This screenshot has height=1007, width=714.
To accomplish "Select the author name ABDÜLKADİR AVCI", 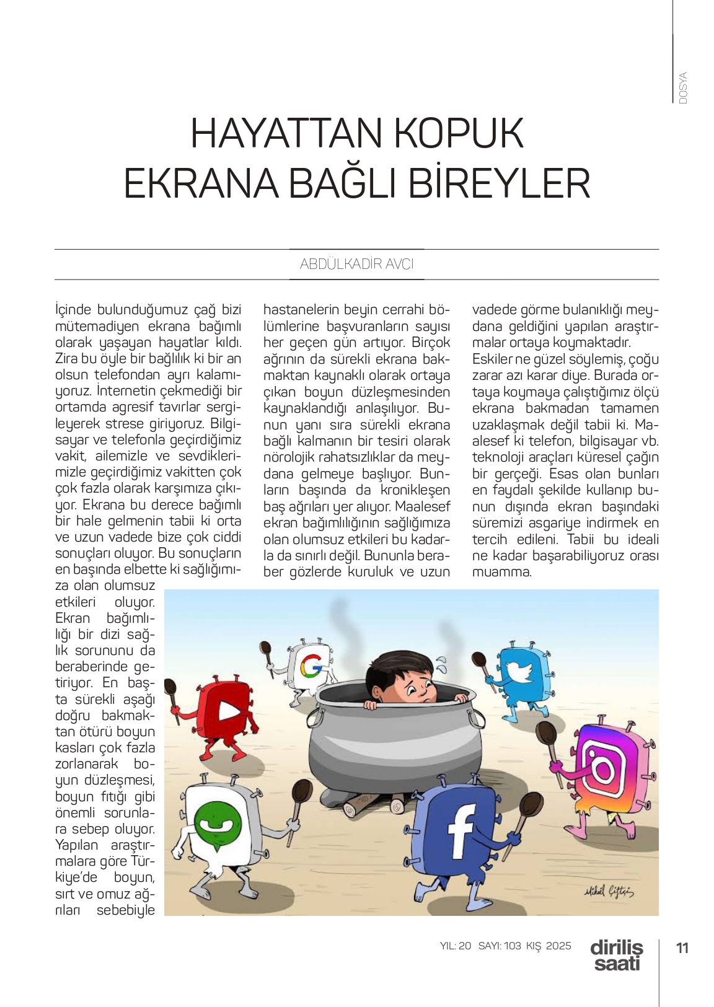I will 356,264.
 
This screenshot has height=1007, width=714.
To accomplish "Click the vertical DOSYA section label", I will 683,88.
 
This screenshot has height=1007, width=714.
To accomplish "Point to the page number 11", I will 682,948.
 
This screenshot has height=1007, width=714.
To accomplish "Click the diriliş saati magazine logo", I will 616,956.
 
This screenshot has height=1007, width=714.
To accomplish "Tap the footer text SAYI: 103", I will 500,946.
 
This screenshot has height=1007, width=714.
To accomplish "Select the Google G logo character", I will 311,667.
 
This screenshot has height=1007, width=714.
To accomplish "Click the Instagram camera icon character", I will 604,768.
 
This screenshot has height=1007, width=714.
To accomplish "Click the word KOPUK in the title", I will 459,134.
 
